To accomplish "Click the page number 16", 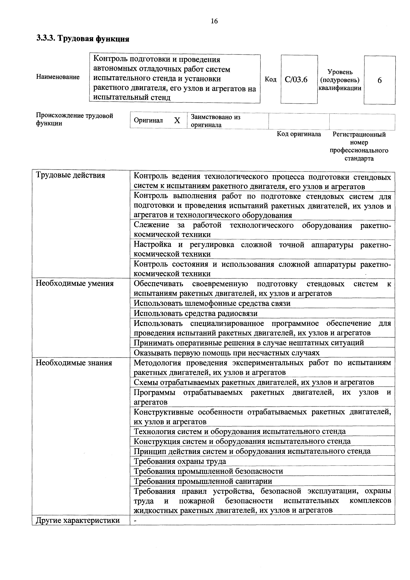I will pyautogui.click(x=214, y=21).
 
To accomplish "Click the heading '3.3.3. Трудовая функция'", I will pyautogui.click(x=83, y=39).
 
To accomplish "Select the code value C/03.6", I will pyautogui.click(x=296, y=80).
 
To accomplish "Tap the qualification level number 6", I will pyautogui.click(x=379, y=80).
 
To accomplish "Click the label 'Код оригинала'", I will pyautogui.click(x=299, y=134).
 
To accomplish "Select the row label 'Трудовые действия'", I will pyautogui.click(x=70, y=175).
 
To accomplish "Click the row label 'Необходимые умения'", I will pyautogui.click(x=75, y=283).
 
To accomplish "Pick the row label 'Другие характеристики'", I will pyautogui.click(x=78, y=520).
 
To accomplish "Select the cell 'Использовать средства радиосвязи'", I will pyautogui.click(x=196, y=313).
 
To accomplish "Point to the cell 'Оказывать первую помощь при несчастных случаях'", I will pyautogui.click(x=227, y=353).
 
